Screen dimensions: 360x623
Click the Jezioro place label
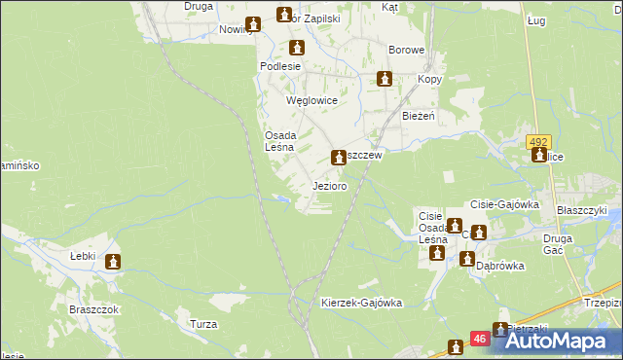(x=330, y=186)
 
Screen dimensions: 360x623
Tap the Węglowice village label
(x=311, y=100)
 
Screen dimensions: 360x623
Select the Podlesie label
(x=278, y=66)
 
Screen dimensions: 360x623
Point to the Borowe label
(x=406, y=50)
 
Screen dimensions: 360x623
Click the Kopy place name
(x=430, y=78)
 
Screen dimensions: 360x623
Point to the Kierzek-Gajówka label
(x=361, y=303)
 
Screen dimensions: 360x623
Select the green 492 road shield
(x=539, y=141)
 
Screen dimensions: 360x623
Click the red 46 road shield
(x=480, y=339)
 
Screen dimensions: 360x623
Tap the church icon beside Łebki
(x=114, y=261)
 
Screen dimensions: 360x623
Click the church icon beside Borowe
(x=385, y=79)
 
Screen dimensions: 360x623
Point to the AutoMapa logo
(x=554, y=341)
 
